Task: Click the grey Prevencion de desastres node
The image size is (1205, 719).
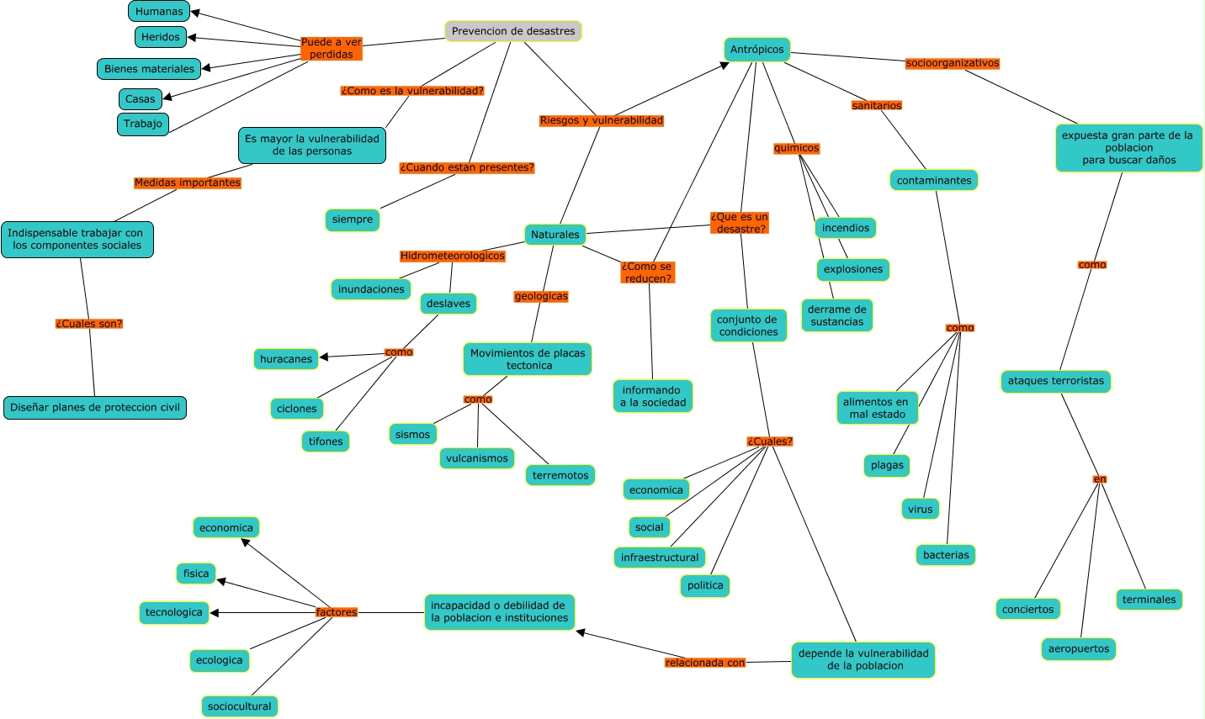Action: (x=513, y=31)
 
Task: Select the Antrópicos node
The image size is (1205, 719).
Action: (x=756, y=50)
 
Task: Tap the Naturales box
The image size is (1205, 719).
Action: (x=555, y=235)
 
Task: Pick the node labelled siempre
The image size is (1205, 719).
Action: (x=352, y=219)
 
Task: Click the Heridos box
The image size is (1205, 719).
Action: (x=161, y=37)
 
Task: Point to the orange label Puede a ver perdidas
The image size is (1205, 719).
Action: (x=332, y=48)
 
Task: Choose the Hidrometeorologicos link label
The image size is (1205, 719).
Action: (x=453, y=256)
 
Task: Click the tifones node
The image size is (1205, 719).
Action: (x=326, y=441)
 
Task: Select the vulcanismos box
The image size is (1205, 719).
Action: (x=477, y=458)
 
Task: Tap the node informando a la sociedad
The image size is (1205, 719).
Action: (x=653, y=396)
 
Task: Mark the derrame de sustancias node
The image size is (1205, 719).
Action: (x=836, y=315)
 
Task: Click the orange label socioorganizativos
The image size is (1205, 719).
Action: (x=953, y=63)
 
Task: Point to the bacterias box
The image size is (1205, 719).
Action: (x=946, y=555)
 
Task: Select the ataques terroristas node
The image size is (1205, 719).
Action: (x=1055, y=381)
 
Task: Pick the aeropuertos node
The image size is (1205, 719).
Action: (x=1079, y=649)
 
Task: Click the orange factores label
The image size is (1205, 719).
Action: (x=337, y=612)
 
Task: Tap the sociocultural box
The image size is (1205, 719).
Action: (x=240, y=706)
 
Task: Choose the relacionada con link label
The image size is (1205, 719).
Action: (x=705, y=663)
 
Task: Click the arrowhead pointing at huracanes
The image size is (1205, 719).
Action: (x=324, y=357)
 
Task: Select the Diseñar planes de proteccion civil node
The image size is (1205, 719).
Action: (x=95, y=408)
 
